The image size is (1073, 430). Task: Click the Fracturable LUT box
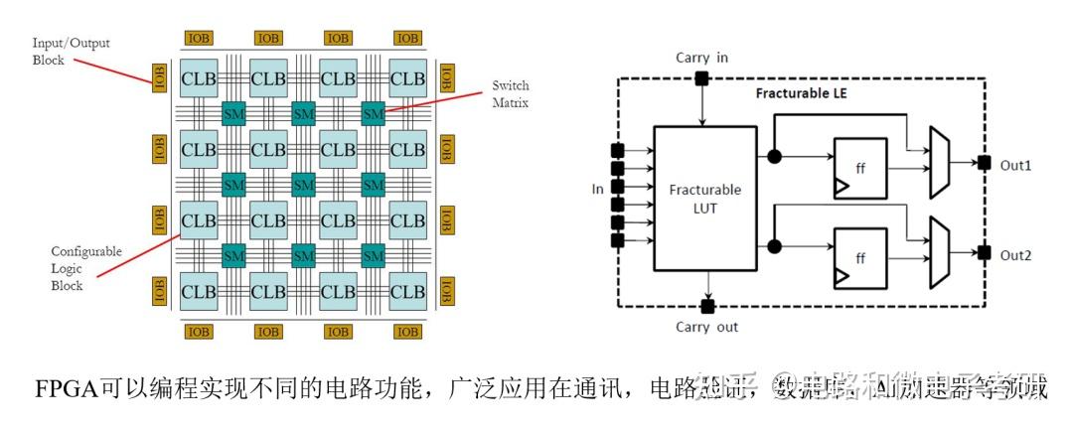point(704,198)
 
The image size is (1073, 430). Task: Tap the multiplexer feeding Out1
point(939,162)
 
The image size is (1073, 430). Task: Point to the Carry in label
point(701,58)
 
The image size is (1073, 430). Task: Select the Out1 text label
point(1015,165)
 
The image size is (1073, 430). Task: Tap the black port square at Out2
point(983,254)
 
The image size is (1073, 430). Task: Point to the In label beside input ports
point(595,187)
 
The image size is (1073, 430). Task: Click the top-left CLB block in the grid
point(199,78)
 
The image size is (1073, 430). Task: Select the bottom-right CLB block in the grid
point(406,291)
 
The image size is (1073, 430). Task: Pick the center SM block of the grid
point(303,185)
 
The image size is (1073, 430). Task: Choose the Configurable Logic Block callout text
point(86,268)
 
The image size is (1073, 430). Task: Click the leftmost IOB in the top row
point(199,38)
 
